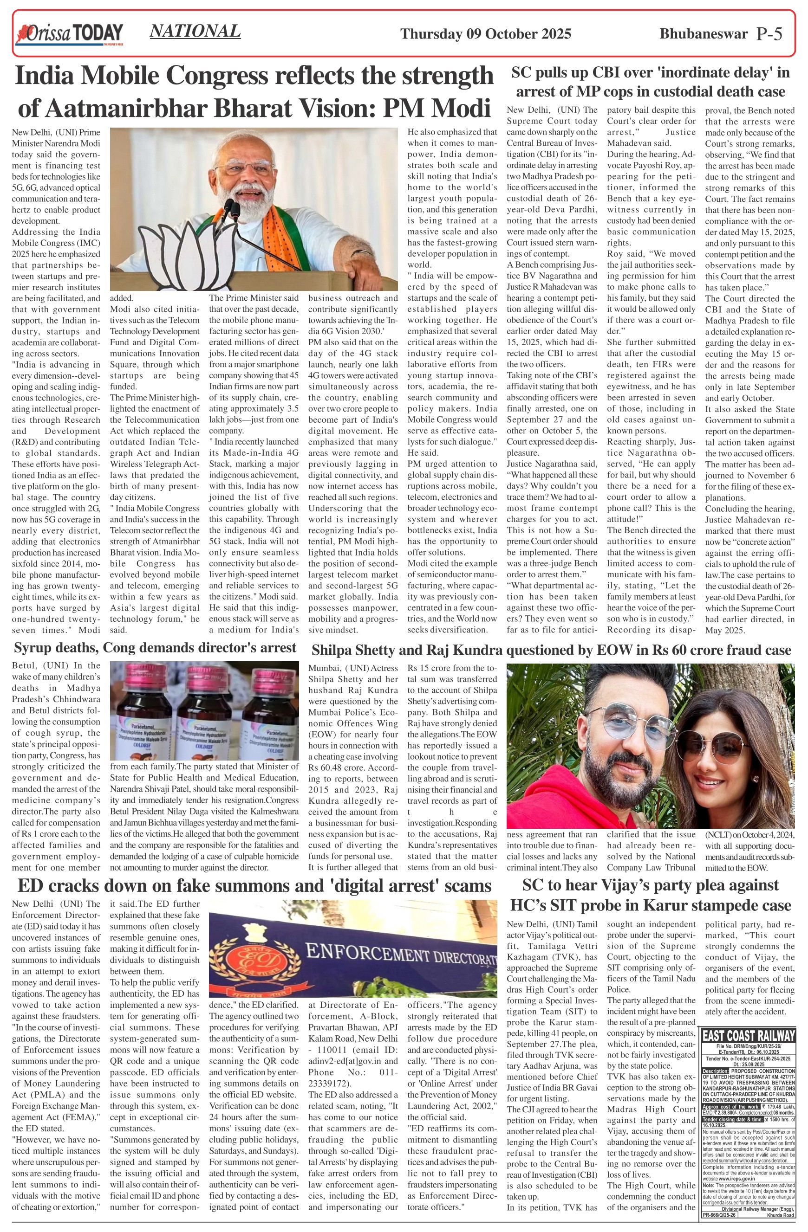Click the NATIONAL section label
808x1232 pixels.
[x=195, y=31]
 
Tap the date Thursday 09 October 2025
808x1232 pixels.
[x=485, y=34]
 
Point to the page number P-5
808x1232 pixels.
[x=769, y=34]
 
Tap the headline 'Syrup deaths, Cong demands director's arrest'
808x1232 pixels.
[x=155, y=648]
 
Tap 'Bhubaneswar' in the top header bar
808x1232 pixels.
[x=704, y=34]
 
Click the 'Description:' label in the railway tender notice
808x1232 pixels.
[x=715, y=1071]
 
